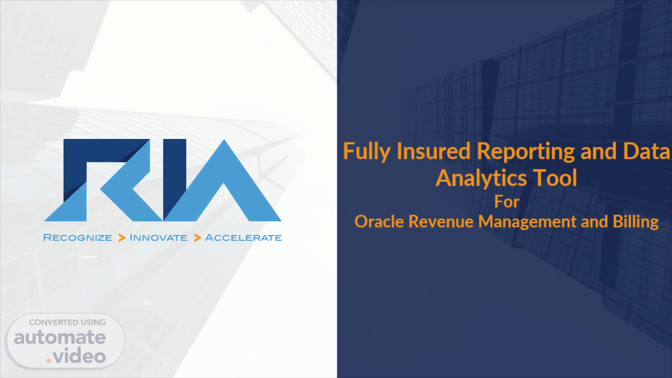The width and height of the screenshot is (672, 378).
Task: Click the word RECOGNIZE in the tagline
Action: coord(78,238)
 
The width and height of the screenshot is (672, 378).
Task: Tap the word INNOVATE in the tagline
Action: coord(159,238)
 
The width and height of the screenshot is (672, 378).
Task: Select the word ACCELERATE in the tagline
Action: coord(243,238)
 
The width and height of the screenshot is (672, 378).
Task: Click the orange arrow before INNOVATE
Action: coord(122,238)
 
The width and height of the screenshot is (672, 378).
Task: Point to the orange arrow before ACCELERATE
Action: coord(198,238)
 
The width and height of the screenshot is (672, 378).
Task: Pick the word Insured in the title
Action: coord(434,151)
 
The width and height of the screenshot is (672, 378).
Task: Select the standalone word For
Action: coord(506,202)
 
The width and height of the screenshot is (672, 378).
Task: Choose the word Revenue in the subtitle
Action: coord(441,222)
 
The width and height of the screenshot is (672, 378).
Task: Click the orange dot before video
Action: coord(49,360)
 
